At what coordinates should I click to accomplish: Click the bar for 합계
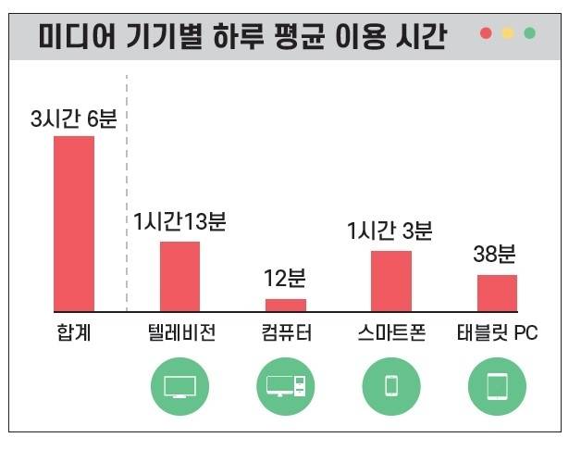pos(74,224)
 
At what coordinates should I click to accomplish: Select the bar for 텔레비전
pos(179,276)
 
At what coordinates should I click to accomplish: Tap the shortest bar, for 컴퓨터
pos(285,305)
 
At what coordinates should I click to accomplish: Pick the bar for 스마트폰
pos(390,281)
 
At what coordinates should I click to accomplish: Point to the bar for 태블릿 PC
pos(497,293)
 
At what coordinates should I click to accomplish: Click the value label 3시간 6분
pos(74,119)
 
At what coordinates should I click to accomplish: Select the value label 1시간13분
pos(179,222)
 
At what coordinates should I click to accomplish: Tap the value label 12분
pos(285,279)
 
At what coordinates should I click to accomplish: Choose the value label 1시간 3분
pos(390,231)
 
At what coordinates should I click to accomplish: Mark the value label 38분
pos(497,255)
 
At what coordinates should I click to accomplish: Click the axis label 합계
pos(74,333)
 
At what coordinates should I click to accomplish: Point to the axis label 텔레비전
pos(181,333)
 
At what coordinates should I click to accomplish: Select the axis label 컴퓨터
pos(287,333)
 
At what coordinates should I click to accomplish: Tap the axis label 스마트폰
pos(391,333)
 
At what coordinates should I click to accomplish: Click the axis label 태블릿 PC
pos(497,333)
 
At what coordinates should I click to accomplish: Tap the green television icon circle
pos(179,386)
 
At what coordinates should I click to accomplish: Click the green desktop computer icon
pos(285,386)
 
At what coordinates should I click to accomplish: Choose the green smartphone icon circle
pos(390,386)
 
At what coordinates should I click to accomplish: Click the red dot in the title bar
pos(486,33)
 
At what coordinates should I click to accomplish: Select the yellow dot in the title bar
pos(508,33)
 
